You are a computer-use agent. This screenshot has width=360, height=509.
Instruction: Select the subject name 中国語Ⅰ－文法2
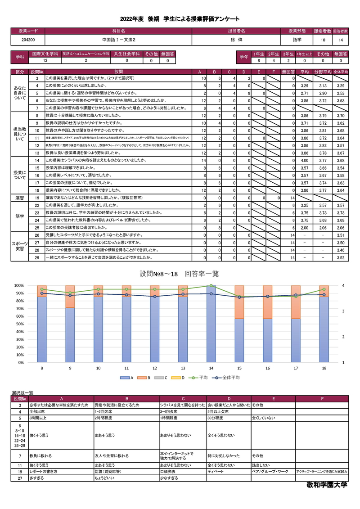pyautogui.click(x=118, y=40)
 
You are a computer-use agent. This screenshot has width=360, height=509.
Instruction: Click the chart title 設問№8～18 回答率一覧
pyautogui.click(x=179, y=274)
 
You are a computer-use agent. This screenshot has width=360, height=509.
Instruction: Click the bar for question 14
pyautogui.click(x=211, y=324)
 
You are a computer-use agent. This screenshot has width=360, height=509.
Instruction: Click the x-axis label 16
pyautogui.click(x=268, y=368)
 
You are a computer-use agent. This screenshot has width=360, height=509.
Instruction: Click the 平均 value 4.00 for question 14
pyautogui.click(x=304, y=160)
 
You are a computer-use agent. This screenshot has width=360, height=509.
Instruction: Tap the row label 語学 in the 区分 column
pyautogui.click(x=20, y=216)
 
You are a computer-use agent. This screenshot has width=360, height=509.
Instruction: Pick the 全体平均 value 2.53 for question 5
pyautogui.click(x=340, y=93)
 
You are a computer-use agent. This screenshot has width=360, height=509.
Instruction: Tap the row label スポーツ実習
pyautogui.click(x=20, y=246)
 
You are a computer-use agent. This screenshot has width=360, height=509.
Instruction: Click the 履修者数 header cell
pyautogui.click(x=323, y=31)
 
